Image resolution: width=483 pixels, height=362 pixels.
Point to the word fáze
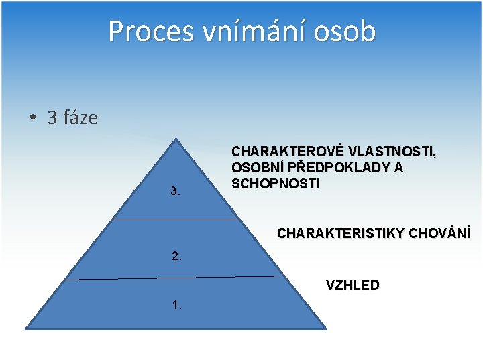coord(80,118)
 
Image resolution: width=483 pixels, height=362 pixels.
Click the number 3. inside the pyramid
coord(176,191)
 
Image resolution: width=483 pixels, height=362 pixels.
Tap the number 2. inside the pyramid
coord(176,256)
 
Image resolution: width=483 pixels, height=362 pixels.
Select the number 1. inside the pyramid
coord(176,305)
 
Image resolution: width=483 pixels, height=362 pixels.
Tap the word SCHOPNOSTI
coord(275,183)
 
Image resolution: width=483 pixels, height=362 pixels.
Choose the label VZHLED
coord(352,285)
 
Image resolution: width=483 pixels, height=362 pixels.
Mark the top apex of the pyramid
coord(176,140)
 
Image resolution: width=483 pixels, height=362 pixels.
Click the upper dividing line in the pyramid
coord(176,218)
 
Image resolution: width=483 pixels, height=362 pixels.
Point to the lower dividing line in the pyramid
coord(174,278)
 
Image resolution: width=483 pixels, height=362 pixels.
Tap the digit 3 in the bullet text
coord(53,118)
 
